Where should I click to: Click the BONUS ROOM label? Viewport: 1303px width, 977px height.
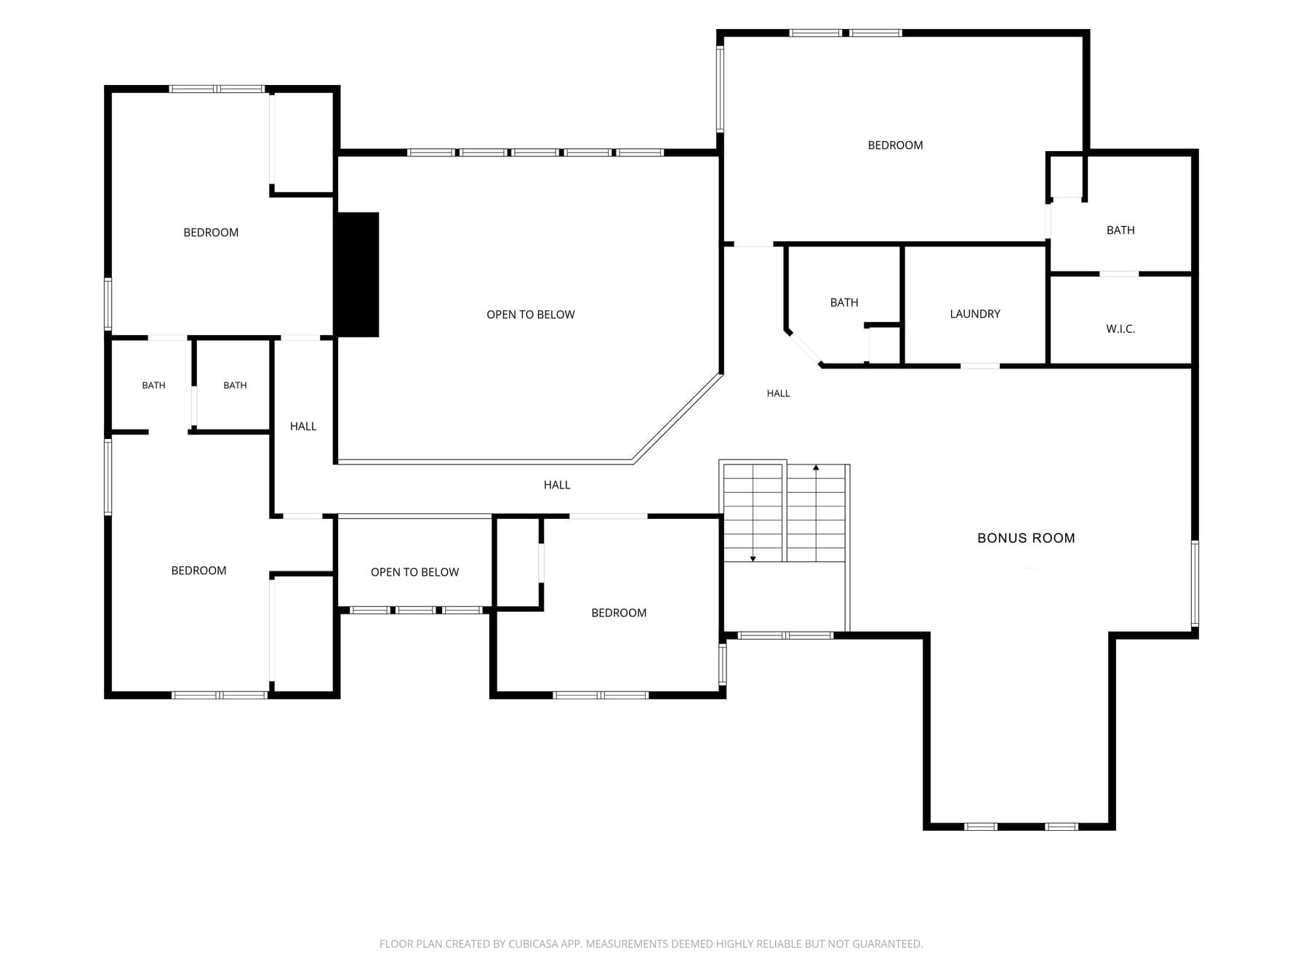tap(1026, 538)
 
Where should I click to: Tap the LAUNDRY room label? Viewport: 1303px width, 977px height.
tap(975, 314)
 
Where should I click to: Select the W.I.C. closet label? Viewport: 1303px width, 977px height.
tap(1120, 329)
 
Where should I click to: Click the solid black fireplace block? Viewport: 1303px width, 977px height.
tap(357, 275)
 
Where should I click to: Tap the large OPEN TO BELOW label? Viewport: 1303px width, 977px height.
tap(531, 315)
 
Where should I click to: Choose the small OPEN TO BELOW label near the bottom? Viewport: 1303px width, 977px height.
tap(414, 572)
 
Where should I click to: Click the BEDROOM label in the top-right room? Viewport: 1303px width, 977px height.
tap(895, 145)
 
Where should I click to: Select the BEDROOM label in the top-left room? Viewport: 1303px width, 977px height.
tap(211, 233)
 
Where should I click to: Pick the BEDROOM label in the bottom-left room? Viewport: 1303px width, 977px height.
tap(199, 571)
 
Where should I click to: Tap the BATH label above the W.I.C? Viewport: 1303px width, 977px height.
tap(1120, 230)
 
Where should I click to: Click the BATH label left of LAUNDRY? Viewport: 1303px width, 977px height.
tap(844, 302)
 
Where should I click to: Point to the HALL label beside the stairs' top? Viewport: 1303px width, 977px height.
tap(778, 393)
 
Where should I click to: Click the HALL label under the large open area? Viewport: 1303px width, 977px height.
tap(557, 485)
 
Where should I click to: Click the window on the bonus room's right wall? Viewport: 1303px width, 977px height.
tap(1194, 584)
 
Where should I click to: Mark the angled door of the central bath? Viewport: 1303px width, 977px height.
tap(804, 348)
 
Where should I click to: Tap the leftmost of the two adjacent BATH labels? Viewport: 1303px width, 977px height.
tap(153, 385)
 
